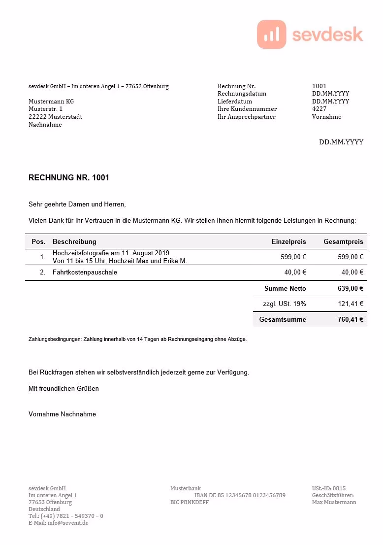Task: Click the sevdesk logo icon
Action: tap(271, 34)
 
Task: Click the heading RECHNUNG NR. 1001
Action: tap(69, 178)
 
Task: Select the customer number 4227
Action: tap(319, 109)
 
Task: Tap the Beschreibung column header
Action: tap(74, 241)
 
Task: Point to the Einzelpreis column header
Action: tap(288, 241)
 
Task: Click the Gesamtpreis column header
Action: tap(343, 241)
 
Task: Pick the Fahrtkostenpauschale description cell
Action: tap(85, 272)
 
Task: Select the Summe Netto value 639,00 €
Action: tap(351, 289)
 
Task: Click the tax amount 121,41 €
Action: tap(351, 304)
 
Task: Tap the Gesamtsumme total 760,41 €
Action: tap(351, 320)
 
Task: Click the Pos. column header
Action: tap(38, 241)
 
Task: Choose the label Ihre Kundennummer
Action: tap(247, 109)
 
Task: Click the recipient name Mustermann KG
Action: tap(51, 102)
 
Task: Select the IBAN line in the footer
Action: tap(240, 495)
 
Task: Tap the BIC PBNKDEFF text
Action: tap(190, 502)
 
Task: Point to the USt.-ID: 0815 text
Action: tap(329, 488)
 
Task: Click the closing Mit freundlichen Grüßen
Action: tap(64, 388)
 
